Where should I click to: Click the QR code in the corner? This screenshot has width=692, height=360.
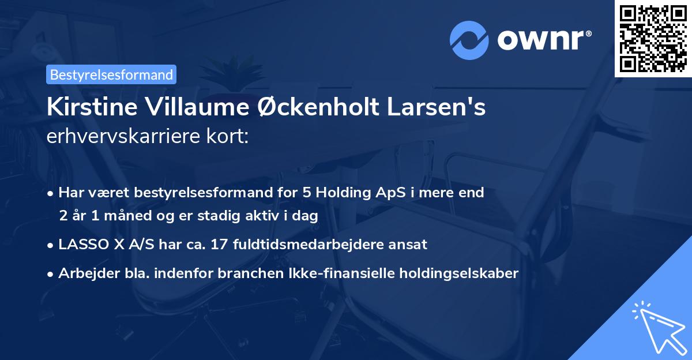click(x=653, y=39)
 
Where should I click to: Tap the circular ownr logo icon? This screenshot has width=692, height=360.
click(x=469, y=40)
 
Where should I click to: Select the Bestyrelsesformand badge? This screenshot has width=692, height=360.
click(x=111, y=74)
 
